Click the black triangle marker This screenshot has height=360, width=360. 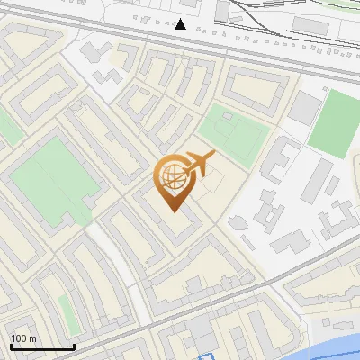[x=181, y=24]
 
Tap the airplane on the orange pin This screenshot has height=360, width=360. [x=199, y=163]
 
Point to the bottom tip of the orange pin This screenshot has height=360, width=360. [x=174, y=212]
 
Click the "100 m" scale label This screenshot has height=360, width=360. [x=24, y=338]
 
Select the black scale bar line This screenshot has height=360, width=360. [x=42, y=346]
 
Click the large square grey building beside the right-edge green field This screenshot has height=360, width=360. [x=304, y=108]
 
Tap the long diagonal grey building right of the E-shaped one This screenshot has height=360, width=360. [x=314, y=179]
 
